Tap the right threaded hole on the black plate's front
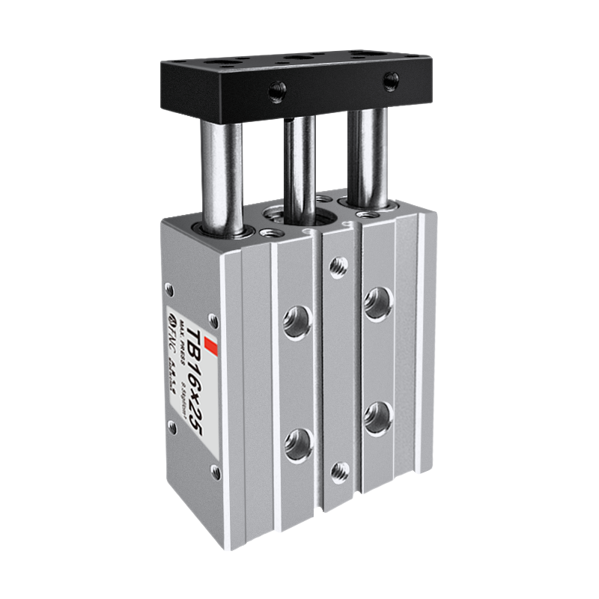pyautogui.click(x=390, y=80)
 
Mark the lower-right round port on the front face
pyautogui.click(x=377, y=417)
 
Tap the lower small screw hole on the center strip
pyautogui.click(x=339, y=471)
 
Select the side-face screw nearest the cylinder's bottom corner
pyautogui.click(x=216, y=472)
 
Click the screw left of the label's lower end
pyautogui.click(x=173, y=427)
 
